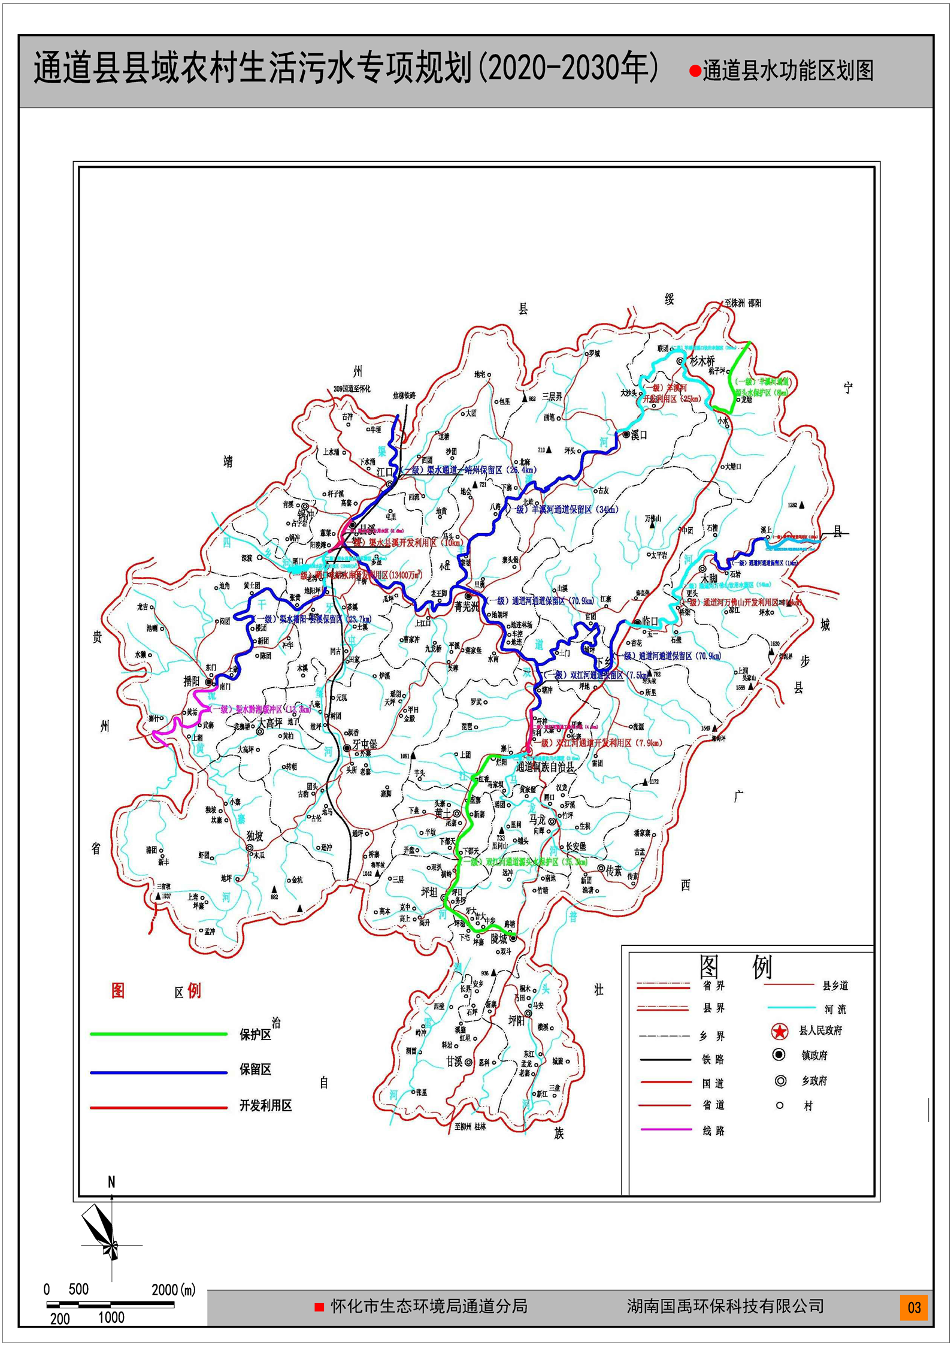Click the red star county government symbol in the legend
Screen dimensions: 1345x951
(x=779, y=1031)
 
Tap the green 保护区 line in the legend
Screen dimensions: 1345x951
(x=159, y=1033)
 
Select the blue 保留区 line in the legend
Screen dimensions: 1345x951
(x=159, y=1072)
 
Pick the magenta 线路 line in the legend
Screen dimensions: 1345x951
(x=666, y=1129)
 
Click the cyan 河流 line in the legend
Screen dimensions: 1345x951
(x=790, y=1008)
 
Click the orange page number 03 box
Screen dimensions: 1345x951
(x=914, y=1307)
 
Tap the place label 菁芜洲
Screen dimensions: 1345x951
(x=467, y=606)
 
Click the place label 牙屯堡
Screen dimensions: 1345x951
(x=365, y=745)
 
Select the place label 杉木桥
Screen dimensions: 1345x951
(x=702, y=361)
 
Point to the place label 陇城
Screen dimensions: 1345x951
(x=499, y=939)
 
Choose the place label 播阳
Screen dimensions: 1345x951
(x=192, y=681)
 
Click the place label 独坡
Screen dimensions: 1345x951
(x=255, y=836)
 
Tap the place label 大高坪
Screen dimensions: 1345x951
(x=270, y=723)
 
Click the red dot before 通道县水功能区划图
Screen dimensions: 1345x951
(x=695, y=71)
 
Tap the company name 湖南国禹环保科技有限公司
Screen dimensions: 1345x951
(x=725, y=1306)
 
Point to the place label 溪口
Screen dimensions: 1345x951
(x=640, y=436)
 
